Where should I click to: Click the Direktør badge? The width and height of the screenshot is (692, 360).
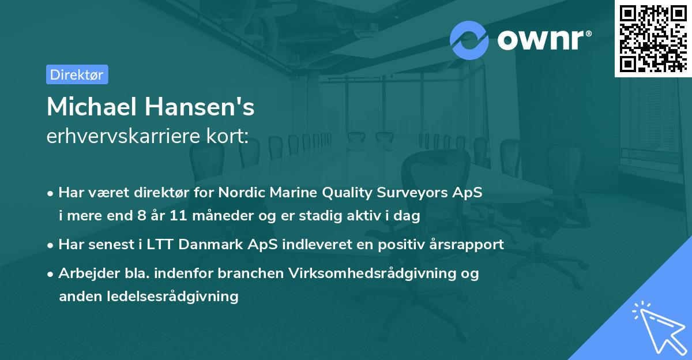point(77,74)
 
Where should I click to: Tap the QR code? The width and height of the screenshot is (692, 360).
point(653,38)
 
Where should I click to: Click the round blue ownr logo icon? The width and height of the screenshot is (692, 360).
point(469,39)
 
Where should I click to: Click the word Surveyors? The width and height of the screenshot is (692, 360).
point(412,193)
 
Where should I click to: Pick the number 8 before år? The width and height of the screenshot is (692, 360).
point(134,216)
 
